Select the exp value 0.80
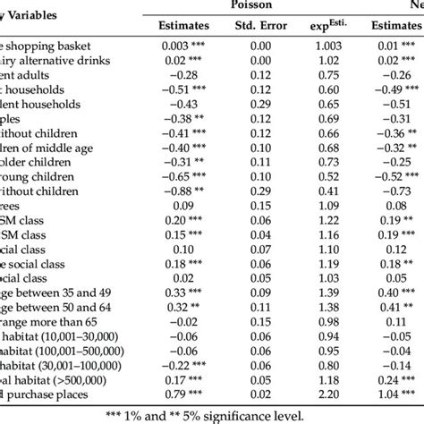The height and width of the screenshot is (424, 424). click(337, 361)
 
